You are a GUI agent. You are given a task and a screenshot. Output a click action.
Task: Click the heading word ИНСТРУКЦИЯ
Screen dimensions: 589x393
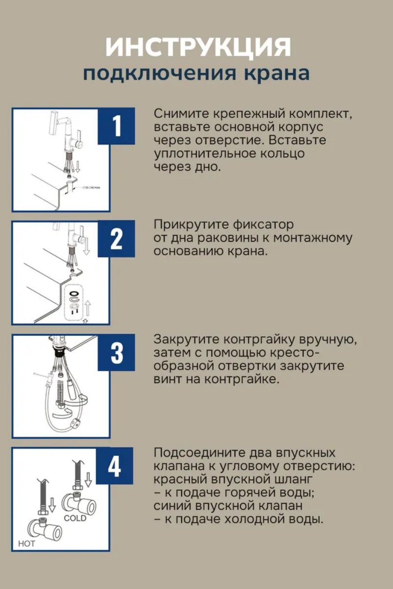pos(198,48)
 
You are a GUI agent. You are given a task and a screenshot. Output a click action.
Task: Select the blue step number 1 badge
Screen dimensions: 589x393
pos(116,126)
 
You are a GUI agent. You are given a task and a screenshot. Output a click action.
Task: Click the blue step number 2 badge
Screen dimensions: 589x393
pos(116,239)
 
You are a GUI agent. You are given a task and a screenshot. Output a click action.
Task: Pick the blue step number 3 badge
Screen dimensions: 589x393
pos(116,352)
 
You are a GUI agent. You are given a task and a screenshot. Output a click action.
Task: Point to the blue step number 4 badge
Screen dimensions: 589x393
pos(114,466)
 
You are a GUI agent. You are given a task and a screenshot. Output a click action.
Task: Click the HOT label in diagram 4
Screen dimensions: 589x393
pos(27,543)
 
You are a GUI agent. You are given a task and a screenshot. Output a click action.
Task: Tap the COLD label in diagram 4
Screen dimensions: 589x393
pos(75,518)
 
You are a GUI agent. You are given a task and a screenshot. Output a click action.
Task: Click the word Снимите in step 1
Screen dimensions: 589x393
pos(182,113)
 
